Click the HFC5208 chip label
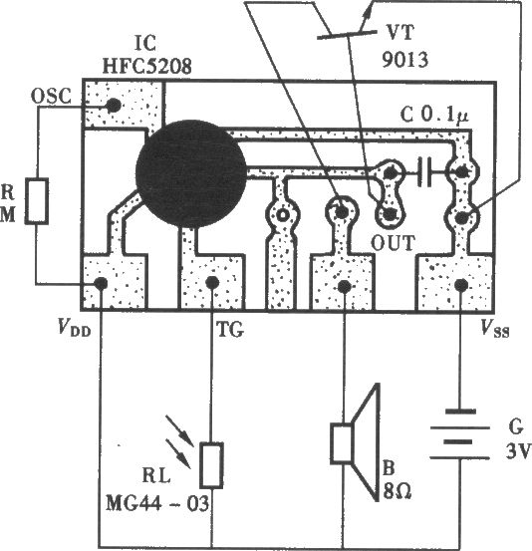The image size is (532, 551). tap(146, 66)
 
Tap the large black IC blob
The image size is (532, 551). tap(191, 173)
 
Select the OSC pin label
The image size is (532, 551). tap(51, 96)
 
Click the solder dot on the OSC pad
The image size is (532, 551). tap(114, 105)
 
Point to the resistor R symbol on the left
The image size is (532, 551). tap(36, 201)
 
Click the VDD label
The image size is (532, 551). tap(75, 329)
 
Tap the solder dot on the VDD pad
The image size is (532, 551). tap(101, 283)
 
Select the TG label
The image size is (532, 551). tap(230, 329)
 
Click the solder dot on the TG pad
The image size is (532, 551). tap(212, 282)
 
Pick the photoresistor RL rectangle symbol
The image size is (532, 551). tap(211, 465)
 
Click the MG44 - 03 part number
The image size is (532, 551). tap(157, 503)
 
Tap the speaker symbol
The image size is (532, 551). tap(355, 442)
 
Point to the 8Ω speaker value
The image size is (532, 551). tap(398, 492)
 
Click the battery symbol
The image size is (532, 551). tap(460, 434)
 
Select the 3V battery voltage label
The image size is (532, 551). tap(517, 450)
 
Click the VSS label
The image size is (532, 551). tap(495, 329)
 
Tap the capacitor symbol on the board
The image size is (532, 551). tap(424, 171)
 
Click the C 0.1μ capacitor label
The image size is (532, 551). tap(434, 115)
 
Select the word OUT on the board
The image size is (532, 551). tap(394, 243)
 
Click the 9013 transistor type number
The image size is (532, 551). tap(405, 60)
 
